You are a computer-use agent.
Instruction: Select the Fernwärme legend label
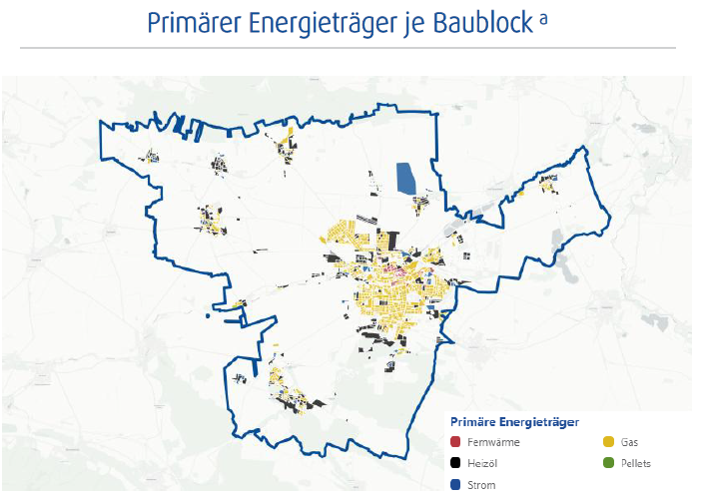[493, 442]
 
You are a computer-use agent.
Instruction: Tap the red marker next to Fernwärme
[455, 442]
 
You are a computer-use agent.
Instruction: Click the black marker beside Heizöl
[455, 464]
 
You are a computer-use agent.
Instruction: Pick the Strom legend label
[482, 485]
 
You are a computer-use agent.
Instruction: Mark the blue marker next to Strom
[455, 485]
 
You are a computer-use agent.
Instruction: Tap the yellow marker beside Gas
[609, 442]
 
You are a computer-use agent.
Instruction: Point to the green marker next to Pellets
[609, 464]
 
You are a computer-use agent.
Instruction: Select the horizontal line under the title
[348, 47]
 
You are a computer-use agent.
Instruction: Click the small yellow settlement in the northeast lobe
[546, 182]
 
